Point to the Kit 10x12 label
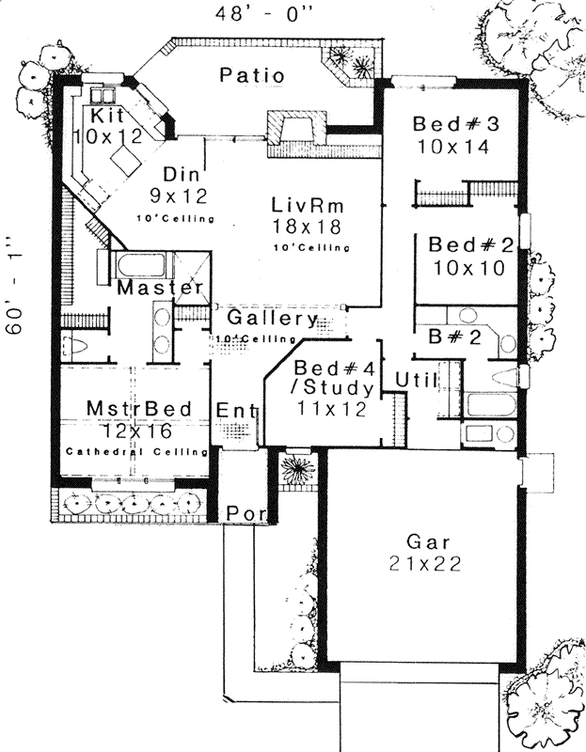tap(110, 123)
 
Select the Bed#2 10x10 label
tap(470, 256)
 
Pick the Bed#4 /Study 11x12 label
tap(334, 387)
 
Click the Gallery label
tap(270, 320)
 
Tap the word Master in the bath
tap(160, 288)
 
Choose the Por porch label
tap(245, 512)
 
